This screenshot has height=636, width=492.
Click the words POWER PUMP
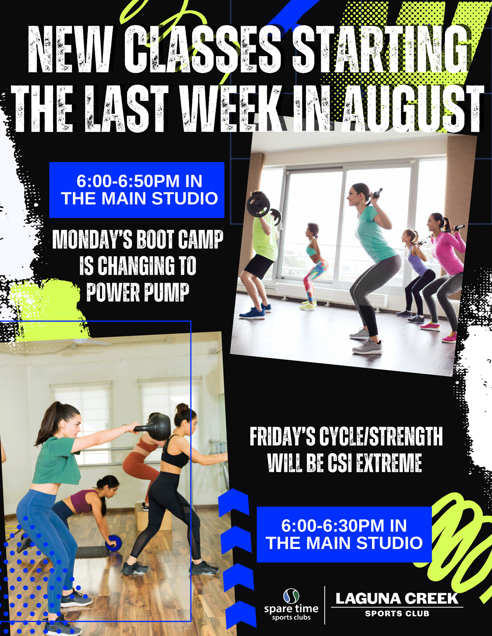coord(138,292)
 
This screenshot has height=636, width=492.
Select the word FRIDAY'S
coord(283,436)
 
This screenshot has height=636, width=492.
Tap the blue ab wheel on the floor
coord(113,543)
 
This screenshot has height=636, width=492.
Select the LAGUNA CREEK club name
coord(397,598)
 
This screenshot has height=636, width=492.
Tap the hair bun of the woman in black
coord(183,409)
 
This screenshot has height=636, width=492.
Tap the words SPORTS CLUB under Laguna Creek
coord(397,613)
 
